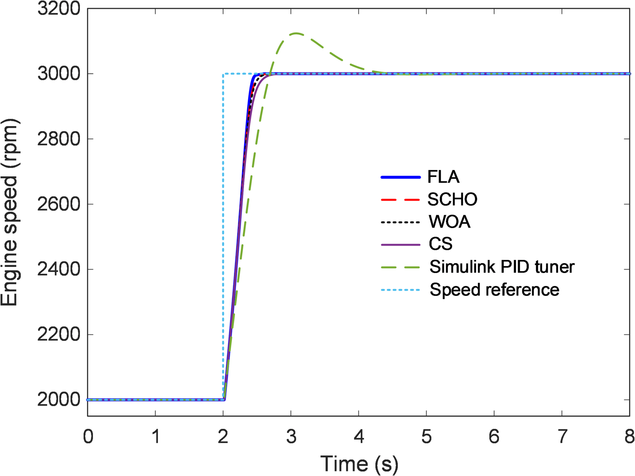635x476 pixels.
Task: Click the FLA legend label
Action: tap(443, 177)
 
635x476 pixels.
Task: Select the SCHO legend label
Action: tap(452, 200)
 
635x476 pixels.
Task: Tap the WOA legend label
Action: tap(449, 222)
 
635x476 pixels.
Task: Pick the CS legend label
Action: tap(441, 244)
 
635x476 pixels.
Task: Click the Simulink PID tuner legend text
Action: tap(502, 267)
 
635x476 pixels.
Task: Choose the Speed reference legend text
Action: tap(494, 290)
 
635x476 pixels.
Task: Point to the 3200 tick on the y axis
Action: tap(59, 9)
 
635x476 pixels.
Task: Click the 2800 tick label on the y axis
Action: tap(59, 139)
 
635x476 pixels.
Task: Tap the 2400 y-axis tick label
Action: tap(59, 269)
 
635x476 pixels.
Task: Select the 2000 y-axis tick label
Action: tap(59, 400)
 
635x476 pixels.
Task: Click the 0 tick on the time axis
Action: tap(88, 437)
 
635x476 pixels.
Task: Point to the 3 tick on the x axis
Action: tap(291, 437)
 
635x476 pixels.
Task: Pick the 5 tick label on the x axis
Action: tap(426, 437)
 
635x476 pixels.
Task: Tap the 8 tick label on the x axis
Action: tap(629, 437)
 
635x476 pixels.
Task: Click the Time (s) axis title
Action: tap(359, 464)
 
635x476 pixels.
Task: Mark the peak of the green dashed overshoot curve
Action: tap(296, 33)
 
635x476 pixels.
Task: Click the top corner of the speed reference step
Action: tap(223, 74)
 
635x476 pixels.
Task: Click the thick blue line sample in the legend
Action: tap(400, 178)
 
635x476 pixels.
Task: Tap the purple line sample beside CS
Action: tap(400, 245)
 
